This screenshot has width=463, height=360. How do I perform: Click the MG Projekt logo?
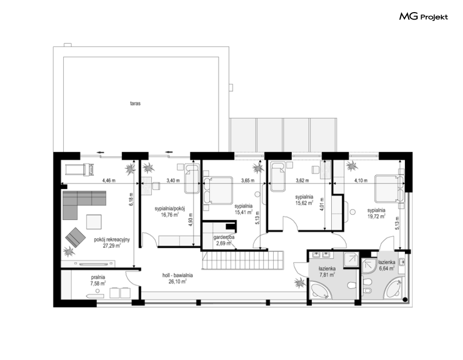click(x=423, y=17)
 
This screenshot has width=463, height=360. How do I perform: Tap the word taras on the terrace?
click(x=135, y=103)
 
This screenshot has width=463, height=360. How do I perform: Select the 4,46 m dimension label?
click(x=109, y=180)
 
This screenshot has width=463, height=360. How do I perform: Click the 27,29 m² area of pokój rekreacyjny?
click(x=112, y=245)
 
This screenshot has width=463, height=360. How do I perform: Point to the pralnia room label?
click(x=98, y=277)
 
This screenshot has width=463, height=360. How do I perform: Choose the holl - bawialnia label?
click(x=177, y=275)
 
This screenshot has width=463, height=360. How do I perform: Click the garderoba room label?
click(x=224, y=237)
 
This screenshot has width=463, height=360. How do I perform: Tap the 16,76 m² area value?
click(x=169, y=215)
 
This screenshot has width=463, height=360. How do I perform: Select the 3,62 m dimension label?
click(x=302, y=180)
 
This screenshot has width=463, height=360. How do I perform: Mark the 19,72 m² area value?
click(x=376, y=217)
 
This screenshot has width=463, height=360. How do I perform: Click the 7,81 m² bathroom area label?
click(x=327, y=275)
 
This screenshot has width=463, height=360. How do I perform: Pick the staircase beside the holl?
click(x=243, y=260)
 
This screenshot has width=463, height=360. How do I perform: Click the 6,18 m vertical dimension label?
click(x=132, y=199)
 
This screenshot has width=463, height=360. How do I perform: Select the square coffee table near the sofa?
click(x=94, y=222)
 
